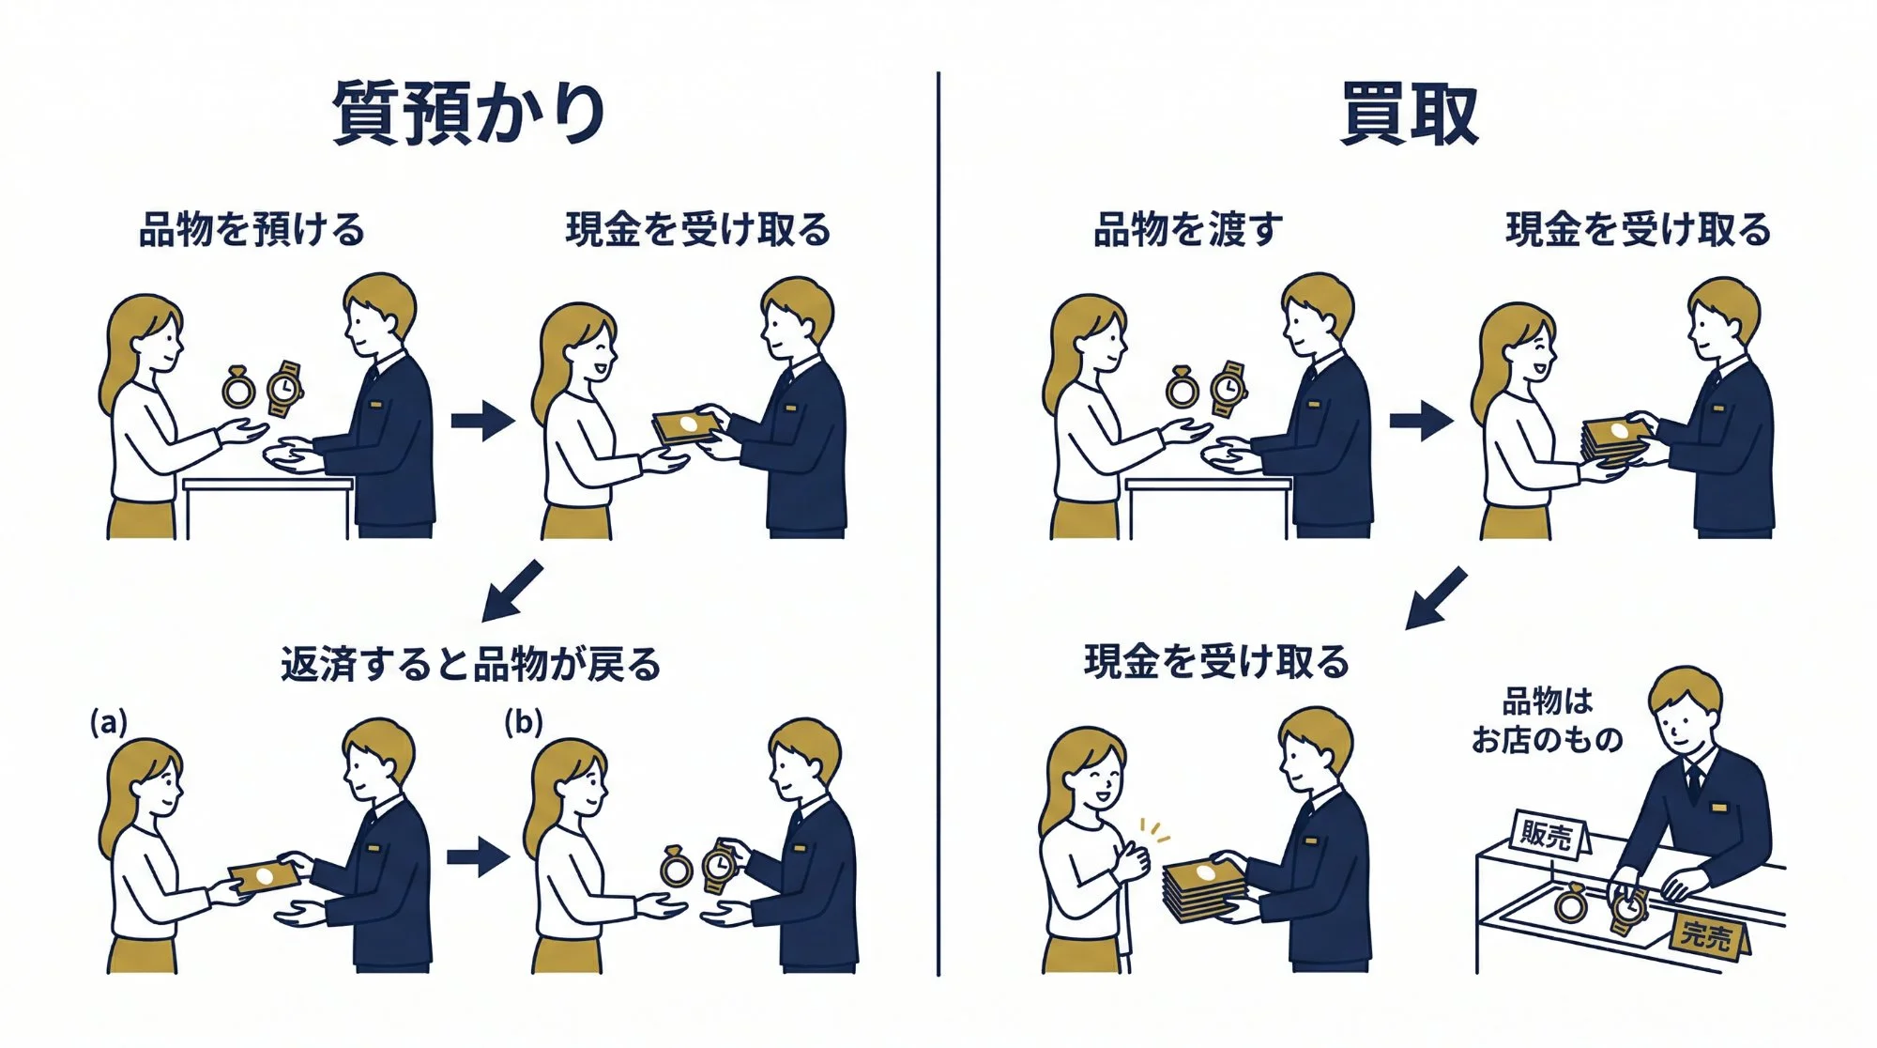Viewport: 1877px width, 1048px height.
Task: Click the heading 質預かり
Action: (468, 114)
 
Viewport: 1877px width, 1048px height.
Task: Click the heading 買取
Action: (1409, 114)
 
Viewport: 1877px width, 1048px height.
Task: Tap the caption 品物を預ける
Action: (252, 230)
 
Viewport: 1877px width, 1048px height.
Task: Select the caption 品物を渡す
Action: (1188, 230)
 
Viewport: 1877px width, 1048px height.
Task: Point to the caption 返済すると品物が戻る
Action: (470, 664)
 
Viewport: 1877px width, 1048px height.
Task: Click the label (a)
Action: (108, 722)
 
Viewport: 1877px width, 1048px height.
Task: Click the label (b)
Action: (523, 722)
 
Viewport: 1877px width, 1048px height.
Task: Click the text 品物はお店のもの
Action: (1547, 720)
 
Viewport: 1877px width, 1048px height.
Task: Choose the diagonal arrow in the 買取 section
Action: (1436, 598)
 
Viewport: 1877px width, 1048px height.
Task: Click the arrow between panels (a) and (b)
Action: (478, 856)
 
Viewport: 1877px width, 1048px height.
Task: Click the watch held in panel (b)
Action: (719, 864)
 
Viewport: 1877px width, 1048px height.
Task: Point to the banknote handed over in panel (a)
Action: (266, 876)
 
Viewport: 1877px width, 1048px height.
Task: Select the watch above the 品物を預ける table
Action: (284, 388)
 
